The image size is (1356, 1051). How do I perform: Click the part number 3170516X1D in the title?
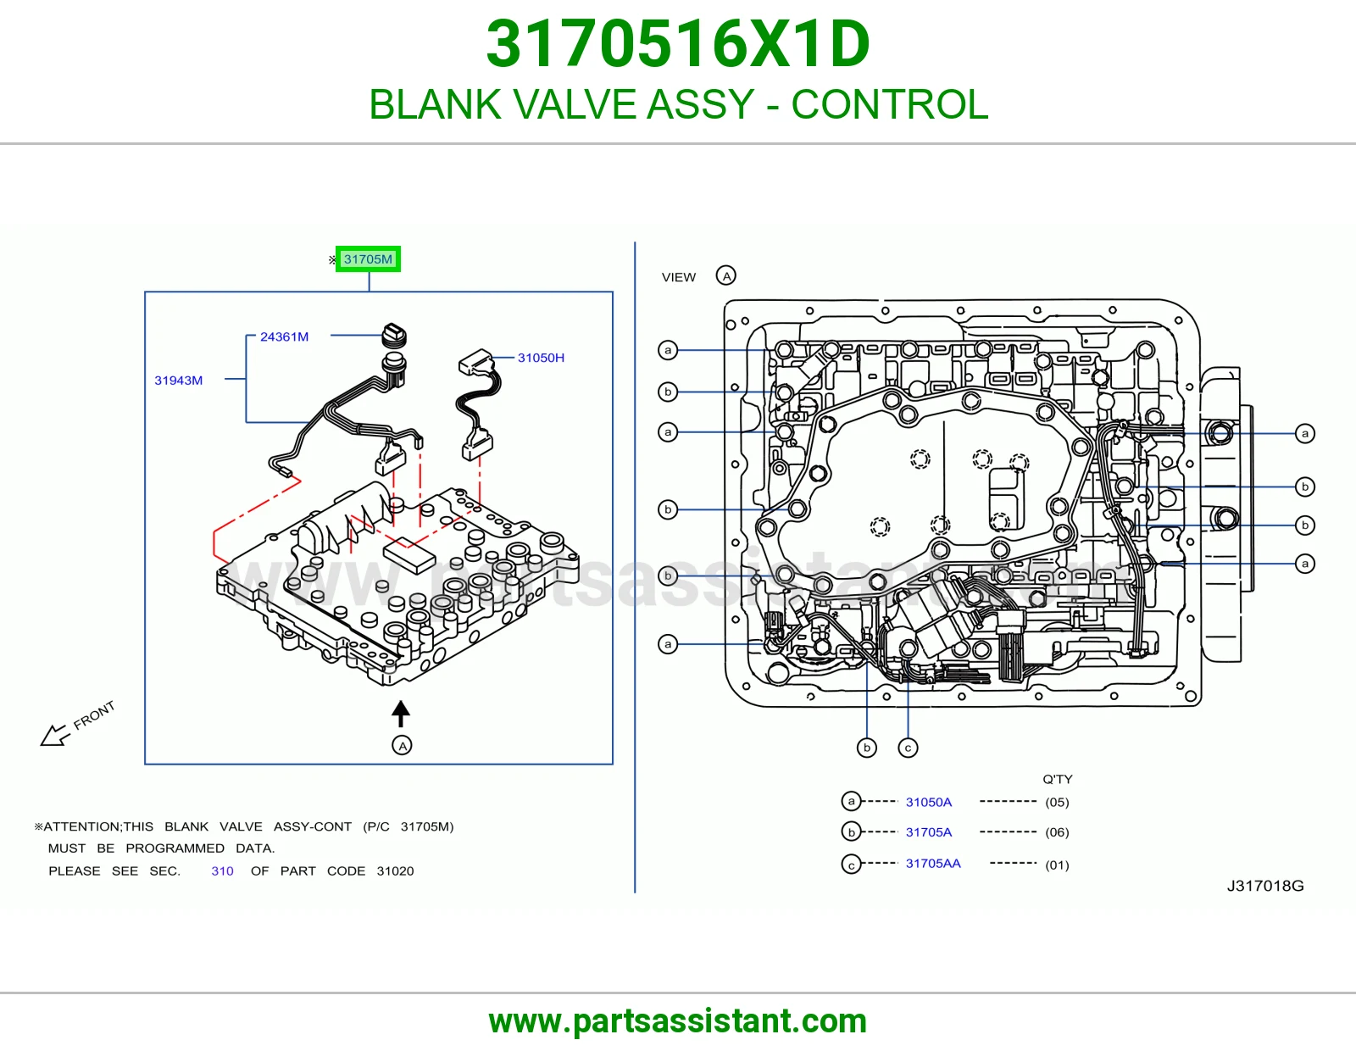click(678, 44)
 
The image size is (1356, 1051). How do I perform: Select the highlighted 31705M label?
click(368, 259)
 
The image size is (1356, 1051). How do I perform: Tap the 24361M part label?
click(284, 337)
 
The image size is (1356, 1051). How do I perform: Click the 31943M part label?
click(179, 380)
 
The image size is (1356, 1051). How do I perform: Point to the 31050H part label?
click(541, 358)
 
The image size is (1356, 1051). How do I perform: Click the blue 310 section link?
click(222, 870)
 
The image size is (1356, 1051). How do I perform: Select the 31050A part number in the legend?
click(929, 802)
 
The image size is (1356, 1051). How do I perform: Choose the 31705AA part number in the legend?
click(933, 863)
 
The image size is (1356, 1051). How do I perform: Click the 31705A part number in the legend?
click(929, 832)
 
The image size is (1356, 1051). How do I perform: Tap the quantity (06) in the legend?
click(1057, 832)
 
